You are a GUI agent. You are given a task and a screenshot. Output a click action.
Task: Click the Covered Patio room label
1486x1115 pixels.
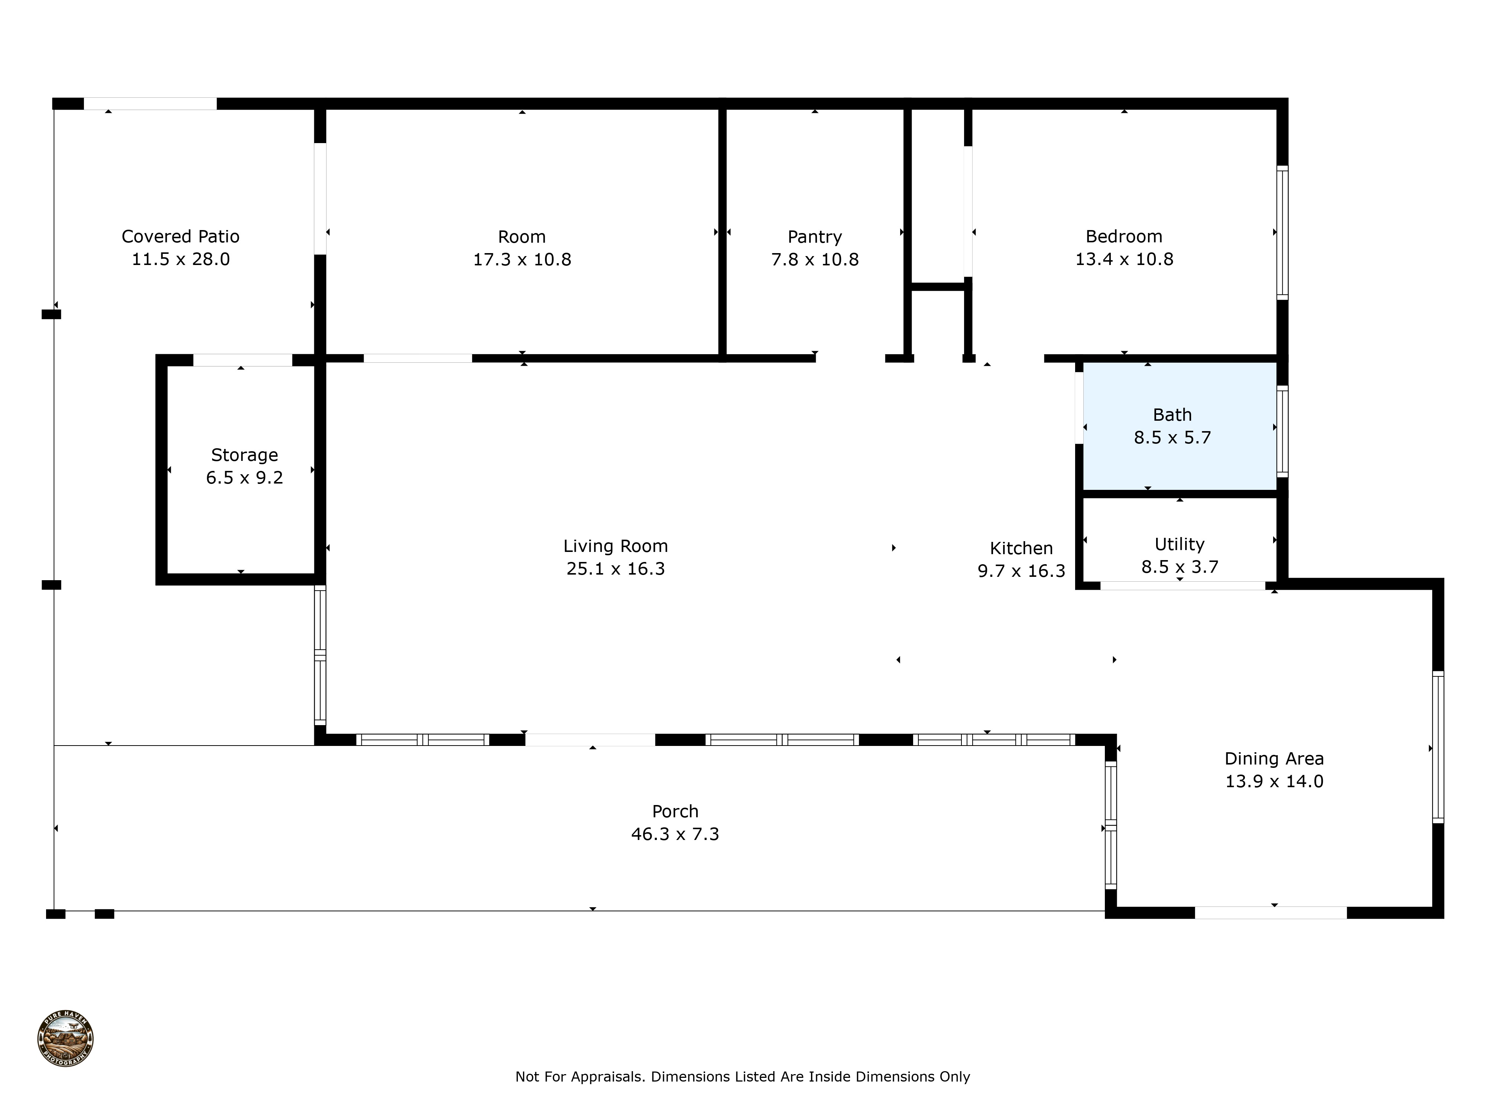coord(180,237)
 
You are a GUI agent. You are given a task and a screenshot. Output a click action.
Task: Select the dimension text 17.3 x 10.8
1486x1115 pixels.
coord(522,259)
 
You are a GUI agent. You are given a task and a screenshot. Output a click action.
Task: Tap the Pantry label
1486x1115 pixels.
coord(814,237)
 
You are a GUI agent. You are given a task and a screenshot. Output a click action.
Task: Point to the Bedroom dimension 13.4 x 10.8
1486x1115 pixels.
coord(1124,259)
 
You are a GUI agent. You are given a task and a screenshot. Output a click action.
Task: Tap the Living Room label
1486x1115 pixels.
coord(615,546)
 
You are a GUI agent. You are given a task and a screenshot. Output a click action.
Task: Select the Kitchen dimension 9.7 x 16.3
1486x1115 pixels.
coord(1021,571)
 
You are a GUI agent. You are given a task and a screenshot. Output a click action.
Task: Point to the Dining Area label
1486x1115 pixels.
coord(1274,759)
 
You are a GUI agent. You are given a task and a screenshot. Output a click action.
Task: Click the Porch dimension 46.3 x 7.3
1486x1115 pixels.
coord(675,834)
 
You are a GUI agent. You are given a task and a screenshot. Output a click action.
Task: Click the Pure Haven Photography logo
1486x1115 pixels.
coord(65,1038)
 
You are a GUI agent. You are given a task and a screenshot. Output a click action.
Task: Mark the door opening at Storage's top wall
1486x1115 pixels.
coord(243,360)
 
